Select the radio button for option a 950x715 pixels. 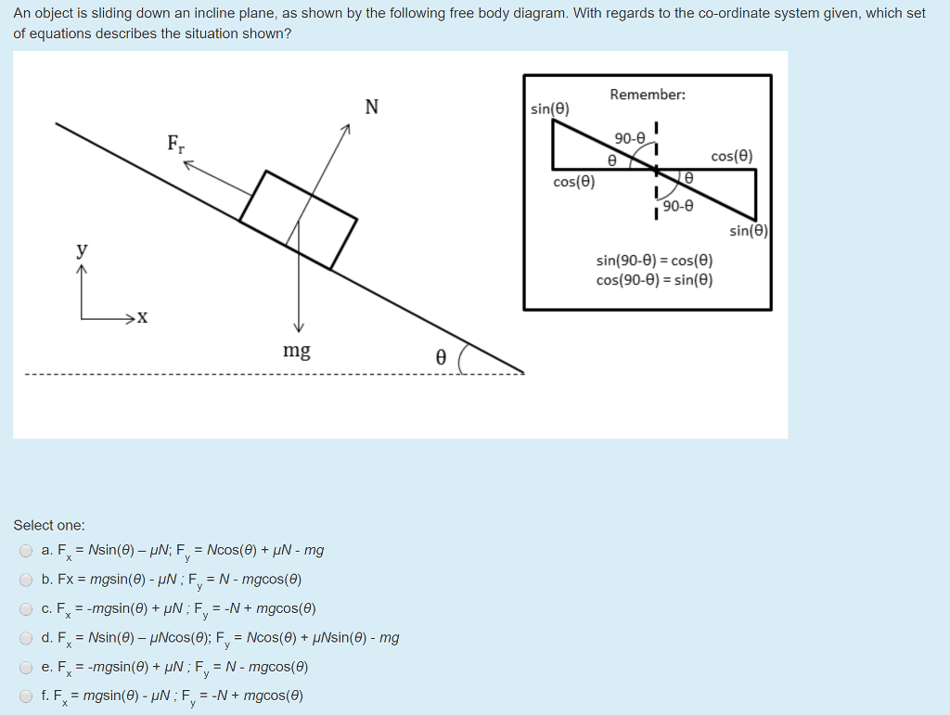coord(26,551)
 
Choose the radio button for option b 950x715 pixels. coord(26,581)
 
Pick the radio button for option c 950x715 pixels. coord(26,609)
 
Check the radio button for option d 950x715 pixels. coord(26,638)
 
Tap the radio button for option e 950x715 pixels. coord(26,667)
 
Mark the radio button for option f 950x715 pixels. coord(26,696)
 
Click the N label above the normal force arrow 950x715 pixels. coord(372,107)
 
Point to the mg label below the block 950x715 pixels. coord(297,351)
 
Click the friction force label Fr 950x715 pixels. coord(175,144)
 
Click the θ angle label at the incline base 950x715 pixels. coord(441,357)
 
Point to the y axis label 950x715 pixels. coord(83,249)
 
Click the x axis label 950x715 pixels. coord(141,319)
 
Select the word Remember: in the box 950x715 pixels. coord(648,95)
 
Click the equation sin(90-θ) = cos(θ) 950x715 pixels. coord(654,262)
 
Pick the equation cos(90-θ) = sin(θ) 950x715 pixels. coord(654,279)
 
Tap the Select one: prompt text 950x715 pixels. coord(49,525)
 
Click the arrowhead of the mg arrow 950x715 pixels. coord(298,326)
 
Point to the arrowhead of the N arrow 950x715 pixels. coord(345,132)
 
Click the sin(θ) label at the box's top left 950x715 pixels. coord(550,109)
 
